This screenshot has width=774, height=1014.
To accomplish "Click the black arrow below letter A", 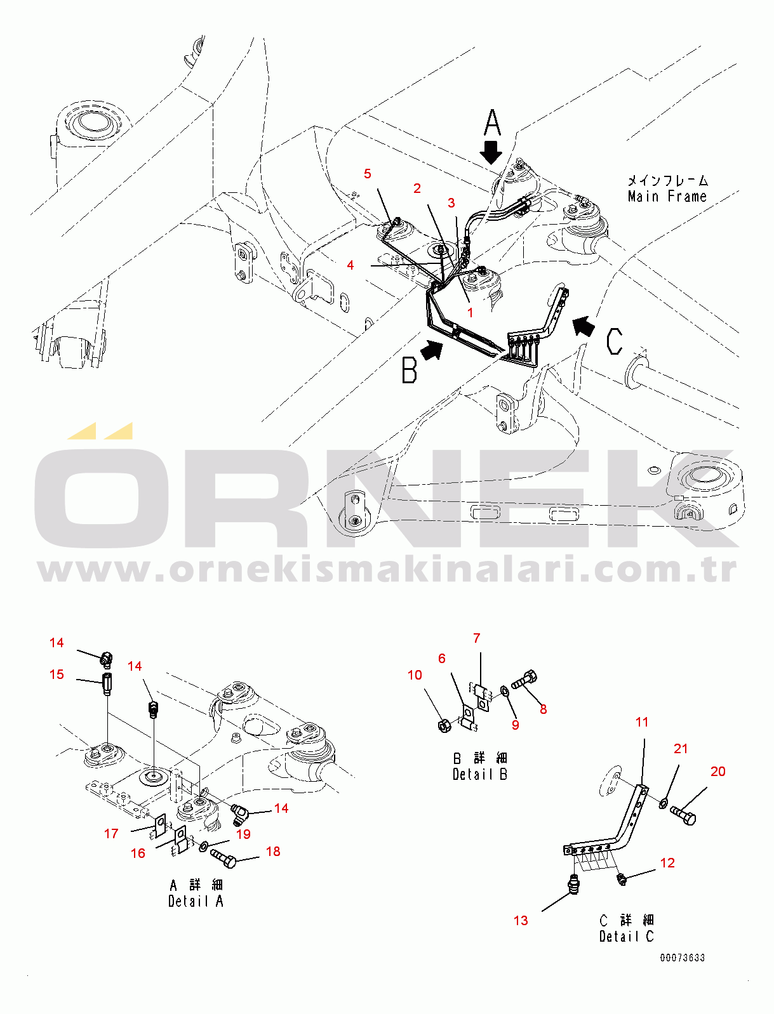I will tap(491, 152).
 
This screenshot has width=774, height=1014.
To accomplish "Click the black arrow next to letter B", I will tap(432, 350).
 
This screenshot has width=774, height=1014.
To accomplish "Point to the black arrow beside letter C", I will tap(584, 326).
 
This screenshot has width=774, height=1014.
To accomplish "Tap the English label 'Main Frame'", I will tap(667, 197).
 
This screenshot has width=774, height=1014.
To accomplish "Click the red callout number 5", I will tap(367, 174).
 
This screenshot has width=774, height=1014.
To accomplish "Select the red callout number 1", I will tap(470, 312).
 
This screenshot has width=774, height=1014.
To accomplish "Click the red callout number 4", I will tap(350, 265).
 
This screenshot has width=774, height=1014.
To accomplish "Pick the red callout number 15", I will tap(57, 674).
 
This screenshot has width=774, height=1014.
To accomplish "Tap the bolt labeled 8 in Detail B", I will tap(524, 681).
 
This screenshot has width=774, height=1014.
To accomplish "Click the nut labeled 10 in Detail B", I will tap(444, 725).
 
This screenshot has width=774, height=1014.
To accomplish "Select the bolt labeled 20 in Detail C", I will tap(683, 815).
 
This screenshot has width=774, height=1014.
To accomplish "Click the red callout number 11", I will tap(642, 722).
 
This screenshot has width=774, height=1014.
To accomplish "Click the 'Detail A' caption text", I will tap(196, 901).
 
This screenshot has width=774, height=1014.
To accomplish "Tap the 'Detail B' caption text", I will tap(480, 774).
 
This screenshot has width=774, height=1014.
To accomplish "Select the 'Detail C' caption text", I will tap(626, 936).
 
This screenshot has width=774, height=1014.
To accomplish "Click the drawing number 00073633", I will tap(682, 958).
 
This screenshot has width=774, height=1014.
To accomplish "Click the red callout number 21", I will tap(681, 749).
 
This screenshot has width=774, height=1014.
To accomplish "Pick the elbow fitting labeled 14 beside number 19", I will tap(239, 812).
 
